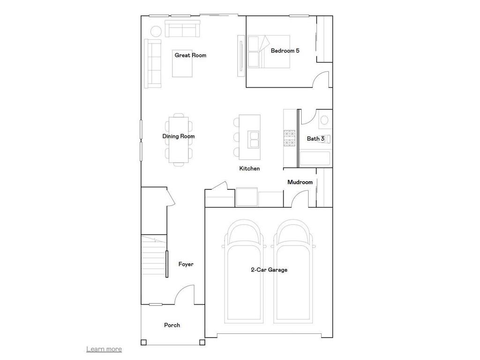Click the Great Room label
pos(190,55)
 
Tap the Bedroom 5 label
pos(285,51)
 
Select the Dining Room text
pos(179,136)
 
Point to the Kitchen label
pos(249,168)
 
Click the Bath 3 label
pos(315,139)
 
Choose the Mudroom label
pos(300,182)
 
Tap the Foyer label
pos(186,264)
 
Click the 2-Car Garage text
pos(269,270)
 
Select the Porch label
pos(172,325)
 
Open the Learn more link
pos(104,349)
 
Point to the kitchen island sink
pos(255,139)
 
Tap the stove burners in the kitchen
pos(289,138)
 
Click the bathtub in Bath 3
pos(315,159)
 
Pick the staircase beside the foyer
pos(154,258)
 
